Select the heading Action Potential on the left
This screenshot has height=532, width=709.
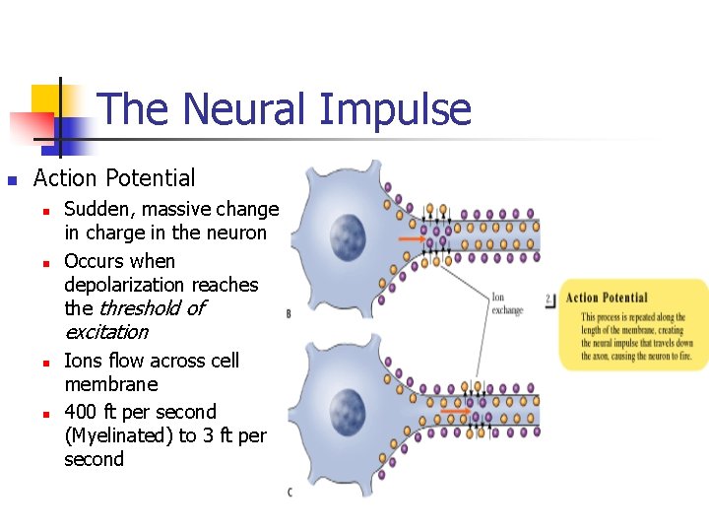point(114,178)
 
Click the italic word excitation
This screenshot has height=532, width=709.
point(106,332)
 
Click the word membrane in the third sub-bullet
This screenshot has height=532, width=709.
point(110,384)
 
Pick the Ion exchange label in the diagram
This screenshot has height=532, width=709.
point(507,302)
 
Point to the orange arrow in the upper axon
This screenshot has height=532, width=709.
point(413,238)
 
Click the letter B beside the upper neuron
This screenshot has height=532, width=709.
point(289,314)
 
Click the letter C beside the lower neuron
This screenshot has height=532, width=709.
point(289,492)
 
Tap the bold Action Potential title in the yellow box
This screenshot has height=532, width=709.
point(607,298)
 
